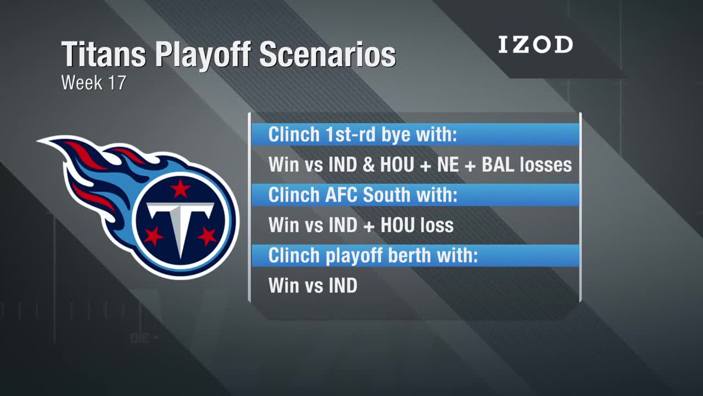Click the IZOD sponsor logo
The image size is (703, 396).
pyautogui.click(x=535, y=45)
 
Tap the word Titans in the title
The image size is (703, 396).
pyautogui.click(x=104, y=54)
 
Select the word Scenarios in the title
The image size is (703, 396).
pyautogui.click(x=328, y=54)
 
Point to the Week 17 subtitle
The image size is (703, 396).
pyautogui.click(x=94, y=82)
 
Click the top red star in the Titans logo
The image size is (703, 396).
pyautogui.click(x=180, y=189)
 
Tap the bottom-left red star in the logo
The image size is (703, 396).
pyautogui.click(x=153, y=236)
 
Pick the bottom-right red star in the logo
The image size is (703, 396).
pyautogui.click(x=207, y=236)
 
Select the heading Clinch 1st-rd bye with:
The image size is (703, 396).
pyautogui.click(x=362, y=135)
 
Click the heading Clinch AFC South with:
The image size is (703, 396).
pyautogui.click(x=363, y=195)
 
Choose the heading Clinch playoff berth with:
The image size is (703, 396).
pyautogui.click(x=373, y=255)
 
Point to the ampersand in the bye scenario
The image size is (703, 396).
pyautogui.click(x=369, y=164)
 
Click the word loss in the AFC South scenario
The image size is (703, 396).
pyautogui.click(x=437, y=225)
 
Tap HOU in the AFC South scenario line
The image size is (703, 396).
pyautogui.click(x=397, y=225)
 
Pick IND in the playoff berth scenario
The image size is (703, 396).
pyautogui.click(x=343, y=285)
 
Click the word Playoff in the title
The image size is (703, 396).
pyautogui.click(x=203, y=54)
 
